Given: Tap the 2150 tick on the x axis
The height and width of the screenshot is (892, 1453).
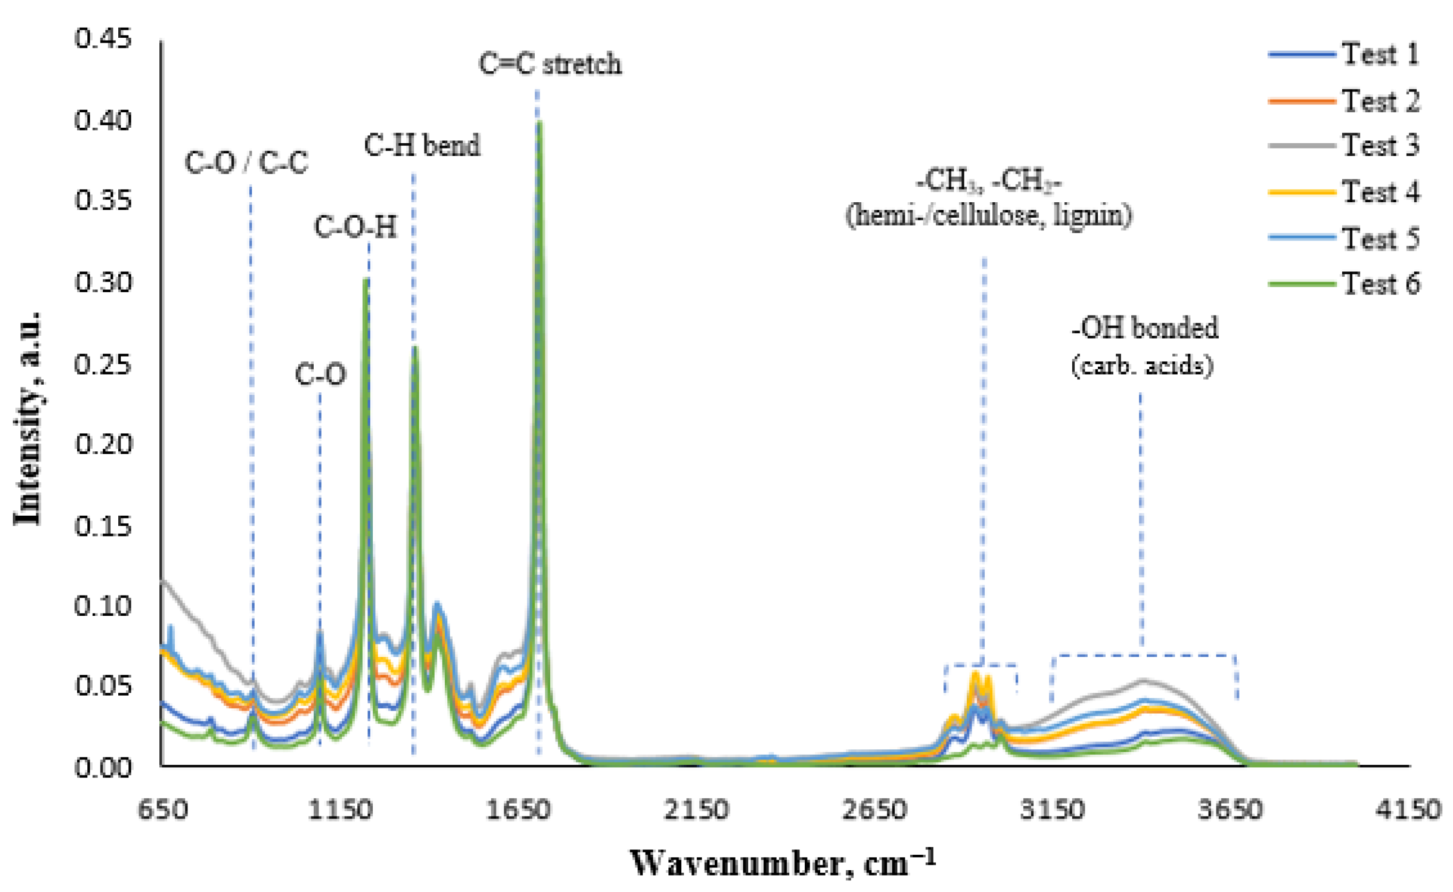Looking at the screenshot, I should click(x=696, y=810).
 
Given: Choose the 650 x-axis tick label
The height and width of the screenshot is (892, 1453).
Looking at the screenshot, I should click(x=163, y=810).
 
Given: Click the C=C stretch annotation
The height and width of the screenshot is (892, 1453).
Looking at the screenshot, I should click(x=550, y=64).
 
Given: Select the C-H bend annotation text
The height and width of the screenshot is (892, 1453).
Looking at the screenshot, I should click(x=422, y=146).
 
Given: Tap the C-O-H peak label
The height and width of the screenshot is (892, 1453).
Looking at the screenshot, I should click(x=355, y=227).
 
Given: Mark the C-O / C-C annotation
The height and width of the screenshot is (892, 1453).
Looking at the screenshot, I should click(x=246, y=163).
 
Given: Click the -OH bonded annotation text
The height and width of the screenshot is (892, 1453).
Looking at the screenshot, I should click(x=1144, y=328).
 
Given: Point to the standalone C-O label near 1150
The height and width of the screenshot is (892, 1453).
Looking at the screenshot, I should click(x=320, y=375).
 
